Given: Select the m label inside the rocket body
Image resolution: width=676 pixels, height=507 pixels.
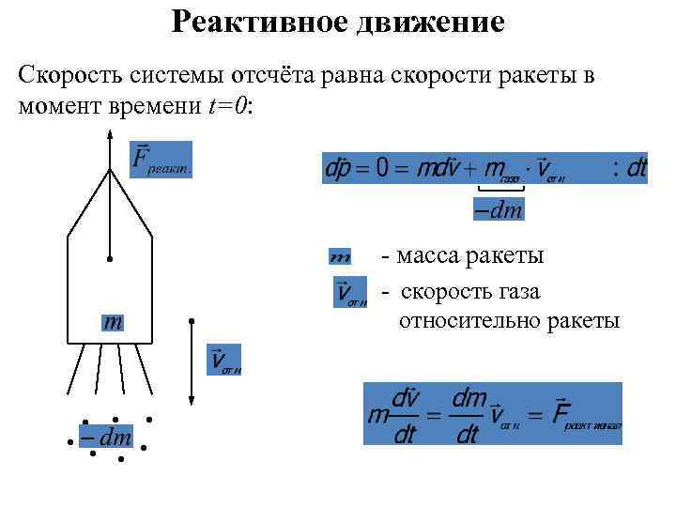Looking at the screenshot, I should [x=113, y=322].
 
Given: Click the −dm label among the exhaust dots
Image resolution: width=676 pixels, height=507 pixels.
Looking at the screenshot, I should [x=105, y=438].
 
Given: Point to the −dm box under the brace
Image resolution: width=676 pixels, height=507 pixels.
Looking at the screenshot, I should [x=495, y=209].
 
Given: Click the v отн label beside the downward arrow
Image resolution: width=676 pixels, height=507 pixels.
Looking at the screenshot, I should [x=223, y=360].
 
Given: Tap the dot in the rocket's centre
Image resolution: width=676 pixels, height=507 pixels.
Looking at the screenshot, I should [x=110, y=258].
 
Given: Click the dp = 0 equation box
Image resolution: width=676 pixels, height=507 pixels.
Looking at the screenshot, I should [x=484, y=168].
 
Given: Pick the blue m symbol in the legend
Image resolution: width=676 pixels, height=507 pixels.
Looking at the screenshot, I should [x=340, y=256].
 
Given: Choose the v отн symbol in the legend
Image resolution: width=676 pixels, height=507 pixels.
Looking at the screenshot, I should [x=350, y=293].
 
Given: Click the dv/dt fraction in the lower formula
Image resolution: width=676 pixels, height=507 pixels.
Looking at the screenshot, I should [x=405, y=416].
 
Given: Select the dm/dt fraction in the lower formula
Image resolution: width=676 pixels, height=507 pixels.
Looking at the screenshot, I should [x=468, y=416].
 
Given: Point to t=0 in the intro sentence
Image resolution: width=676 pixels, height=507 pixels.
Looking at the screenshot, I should [x=227, y=106].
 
